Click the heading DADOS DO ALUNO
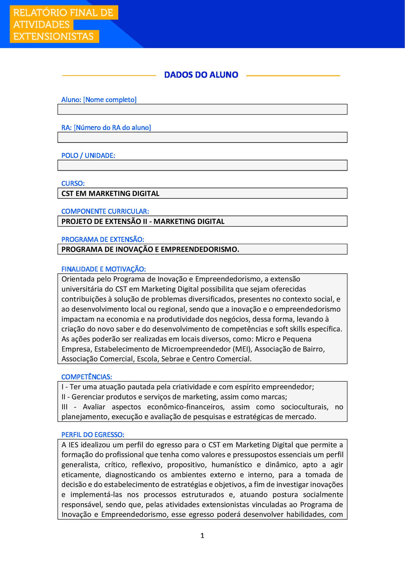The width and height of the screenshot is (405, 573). (201, 75)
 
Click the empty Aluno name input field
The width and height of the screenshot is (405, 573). (202, 109)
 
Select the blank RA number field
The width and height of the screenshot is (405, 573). (202, 137)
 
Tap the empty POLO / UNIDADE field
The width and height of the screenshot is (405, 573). (202, 165)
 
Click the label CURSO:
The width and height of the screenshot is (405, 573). (73, 183)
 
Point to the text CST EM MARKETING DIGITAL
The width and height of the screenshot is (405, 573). (110, 193)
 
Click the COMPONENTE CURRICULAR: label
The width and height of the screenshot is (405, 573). (105, 211)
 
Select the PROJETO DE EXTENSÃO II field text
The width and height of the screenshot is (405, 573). (143, 221)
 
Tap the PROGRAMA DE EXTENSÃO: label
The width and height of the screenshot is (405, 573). (103, 239)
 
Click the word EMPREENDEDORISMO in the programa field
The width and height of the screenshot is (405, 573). (200, 249)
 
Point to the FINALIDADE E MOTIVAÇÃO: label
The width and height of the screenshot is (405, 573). (104, 269)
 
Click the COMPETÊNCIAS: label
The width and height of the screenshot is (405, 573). (87, 377)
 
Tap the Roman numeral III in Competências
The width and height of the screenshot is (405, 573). (65, 407)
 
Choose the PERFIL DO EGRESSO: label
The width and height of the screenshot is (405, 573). (93, 435)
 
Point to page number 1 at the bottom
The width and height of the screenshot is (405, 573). (202, 536)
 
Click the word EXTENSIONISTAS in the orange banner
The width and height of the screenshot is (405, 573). (53, 36)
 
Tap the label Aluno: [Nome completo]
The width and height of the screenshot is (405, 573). (99, 100)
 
